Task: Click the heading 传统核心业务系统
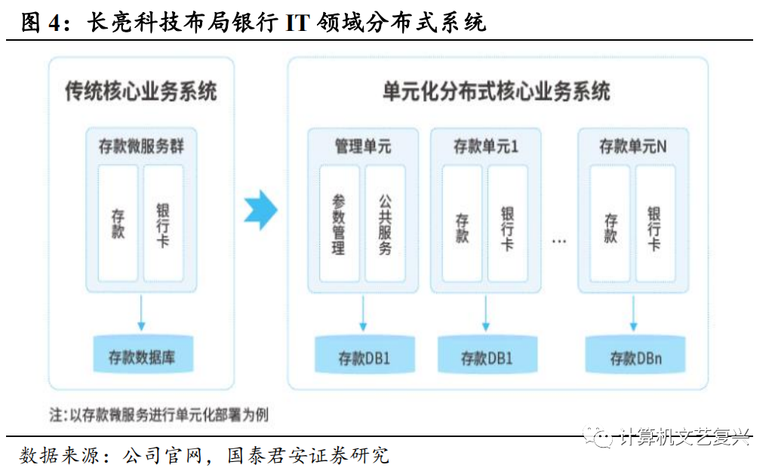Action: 141,92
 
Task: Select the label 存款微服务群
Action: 141,146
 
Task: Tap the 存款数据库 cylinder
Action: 142,355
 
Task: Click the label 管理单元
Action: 363,146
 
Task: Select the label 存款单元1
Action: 485,146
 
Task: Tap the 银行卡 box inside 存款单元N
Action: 654,224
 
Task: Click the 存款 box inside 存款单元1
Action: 462,224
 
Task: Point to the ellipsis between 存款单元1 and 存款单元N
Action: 559,242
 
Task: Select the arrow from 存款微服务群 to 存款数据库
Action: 141,311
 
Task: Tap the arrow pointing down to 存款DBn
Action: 634,312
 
